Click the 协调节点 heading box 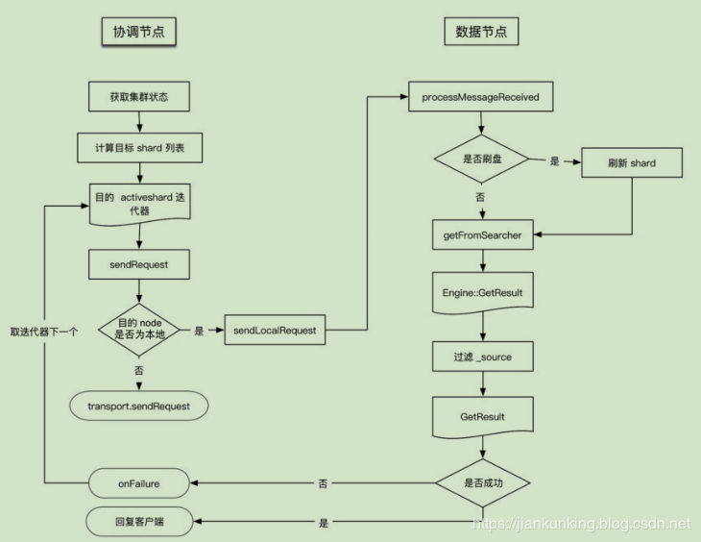point(139,32)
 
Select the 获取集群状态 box point(139,97)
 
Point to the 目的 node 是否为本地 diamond point(139,331)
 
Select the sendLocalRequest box point(274,331)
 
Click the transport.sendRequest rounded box point(140,406)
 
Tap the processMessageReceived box point(481,97)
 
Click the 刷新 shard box point(631,162)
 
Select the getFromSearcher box point(481,234)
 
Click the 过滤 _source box point(481,357)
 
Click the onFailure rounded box point(139,483)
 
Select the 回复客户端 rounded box point(139,524)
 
